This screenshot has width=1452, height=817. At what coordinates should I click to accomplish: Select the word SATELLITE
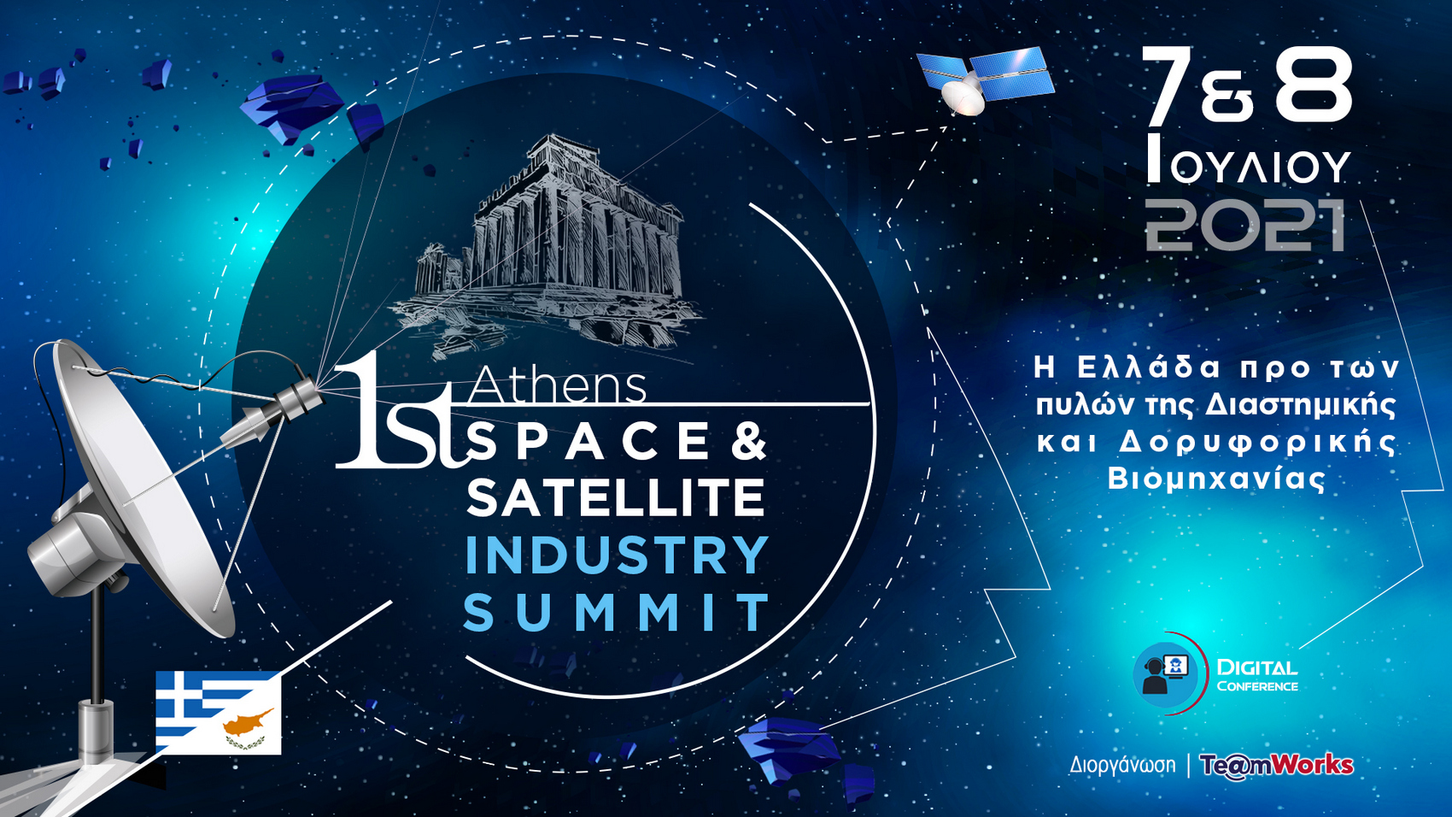click(x=615, y=497)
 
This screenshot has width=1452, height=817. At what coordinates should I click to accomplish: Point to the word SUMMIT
click(x=616, y=612)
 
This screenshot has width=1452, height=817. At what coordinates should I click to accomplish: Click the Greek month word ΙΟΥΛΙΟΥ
click(x=1249, y=160)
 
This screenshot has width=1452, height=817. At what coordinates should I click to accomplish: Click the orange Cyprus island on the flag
click(x=249, y=720)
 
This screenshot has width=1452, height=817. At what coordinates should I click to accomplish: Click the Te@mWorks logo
click(x=1276, y=765)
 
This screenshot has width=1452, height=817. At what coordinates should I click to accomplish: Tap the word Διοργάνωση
click(x=1122, y=765)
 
